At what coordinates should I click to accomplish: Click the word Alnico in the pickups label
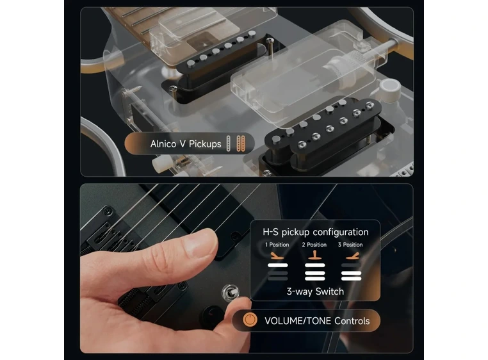(165, 144)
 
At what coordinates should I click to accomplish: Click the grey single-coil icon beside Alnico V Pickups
(232, 143)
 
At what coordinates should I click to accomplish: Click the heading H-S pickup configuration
(316, 232)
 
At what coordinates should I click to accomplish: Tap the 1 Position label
(277, 245)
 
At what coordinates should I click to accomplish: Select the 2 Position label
(314, 245)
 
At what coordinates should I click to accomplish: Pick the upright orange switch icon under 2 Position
(314, 256)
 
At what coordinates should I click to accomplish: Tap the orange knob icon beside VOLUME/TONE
(250, 320)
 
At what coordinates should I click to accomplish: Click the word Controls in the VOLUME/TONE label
(352, 320)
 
